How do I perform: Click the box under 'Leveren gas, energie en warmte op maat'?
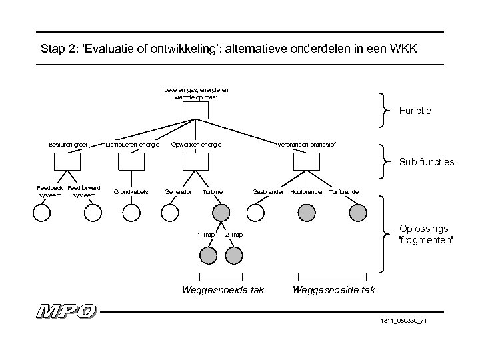(196, 111)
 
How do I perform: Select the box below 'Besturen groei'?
(67, 161)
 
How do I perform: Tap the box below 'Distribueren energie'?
(131, 161)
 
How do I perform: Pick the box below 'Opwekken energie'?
(196, 161)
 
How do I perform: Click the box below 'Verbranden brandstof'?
(307, 161)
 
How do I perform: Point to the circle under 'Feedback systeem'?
(41, 212)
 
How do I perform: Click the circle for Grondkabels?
(131, 212)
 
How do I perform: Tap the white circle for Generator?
(170, 212)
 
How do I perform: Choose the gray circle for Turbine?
(221, 212)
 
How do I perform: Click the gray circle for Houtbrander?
(307, 212)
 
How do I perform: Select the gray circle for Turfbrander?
(357, 212)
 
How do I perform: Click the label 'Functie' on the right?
(415, 111)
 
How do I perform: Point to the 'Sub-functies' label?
(426, 161)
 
